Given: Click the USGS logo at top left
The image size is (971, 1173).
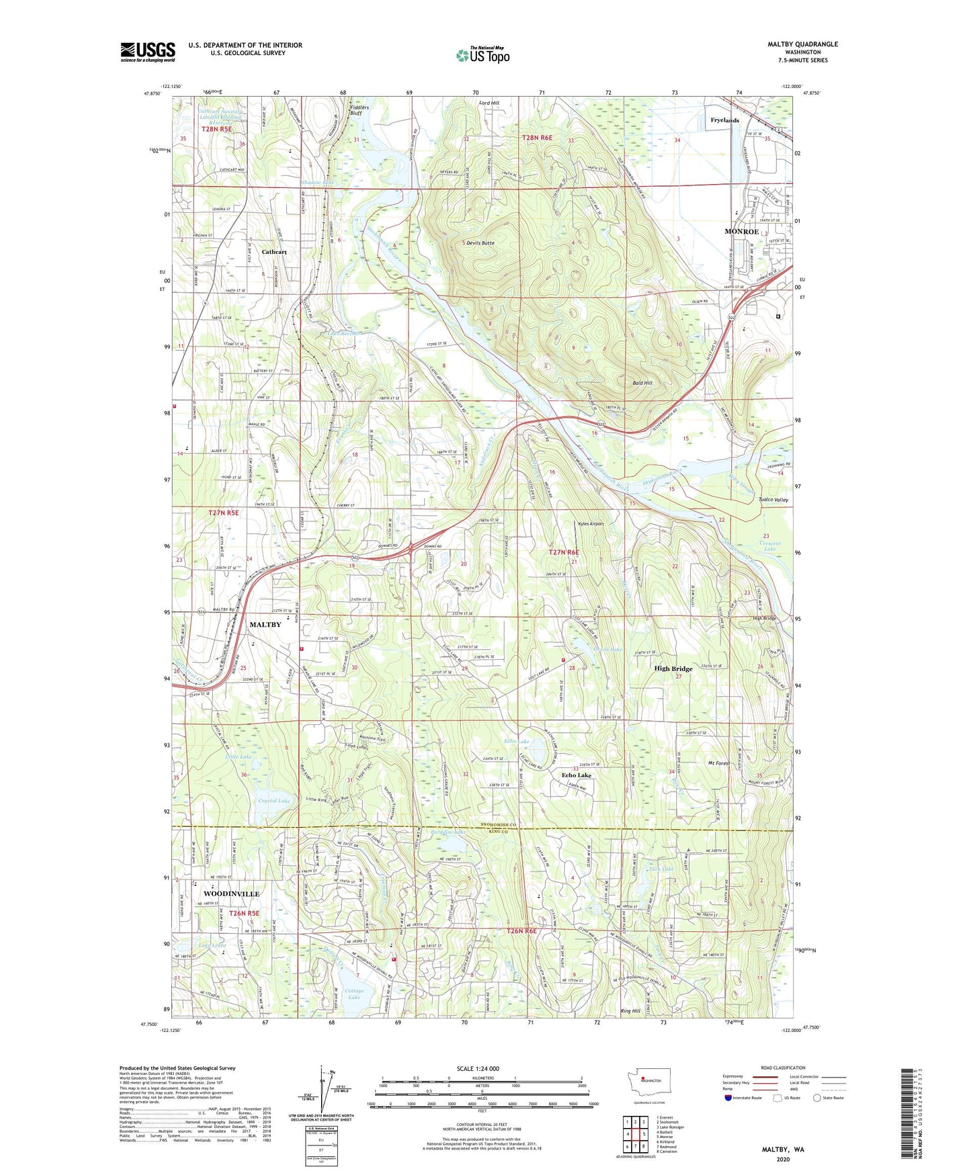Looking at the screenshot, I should click(x=148, y=52).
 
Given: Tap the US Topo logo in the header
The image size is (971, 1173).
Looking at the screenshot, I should click(x=482, y=55).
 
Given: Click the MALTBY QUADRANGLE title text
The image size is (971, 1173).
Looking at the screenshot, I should click(x=802, y=44).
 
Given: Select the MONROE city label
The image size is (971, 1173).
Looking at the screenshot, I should click(x=741, y=231).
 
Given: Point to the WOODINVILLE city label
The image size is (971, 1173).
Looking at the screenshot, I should click(x=230, y=894).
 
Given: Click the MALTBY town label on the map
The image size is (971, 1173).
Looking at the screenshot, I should click(x=265, y=624).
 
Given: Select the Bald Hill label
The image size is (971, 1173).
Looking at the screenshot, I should click(x=642, y=383).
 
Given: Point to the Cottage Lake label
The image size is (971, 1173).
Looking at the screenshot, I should click(x=354, y=994).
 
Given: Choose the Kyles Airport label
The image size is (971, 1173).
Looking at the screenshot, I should click(x=591, y=524).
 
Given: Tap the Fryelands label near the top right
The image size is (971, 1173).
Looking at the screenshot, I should click(x=724, y=120).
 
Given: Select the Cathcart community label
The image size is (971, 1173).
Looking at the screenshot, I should click(x=274, y=252).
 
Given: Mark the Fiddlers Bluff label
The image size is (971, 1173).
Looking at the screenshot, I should click(x=360, y=110).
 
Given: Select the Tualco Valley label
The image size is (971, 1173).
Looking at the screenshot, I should click(x=773, y=500).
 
